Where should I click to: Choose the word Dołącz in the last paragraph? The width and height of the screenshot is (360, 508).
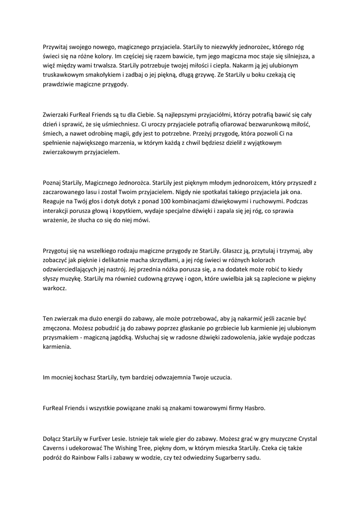tap(54, 439)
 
